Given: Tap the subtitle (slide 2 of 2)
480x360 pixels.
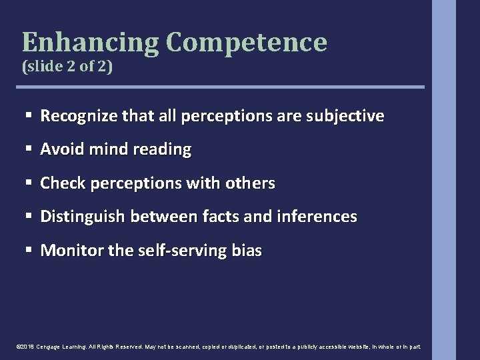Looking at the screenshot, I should (63, 67).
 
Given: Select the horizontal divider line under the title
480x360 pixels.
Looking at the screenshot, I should (223, 87).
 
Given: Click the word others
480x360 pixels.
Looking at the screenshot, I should (251, 183).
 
